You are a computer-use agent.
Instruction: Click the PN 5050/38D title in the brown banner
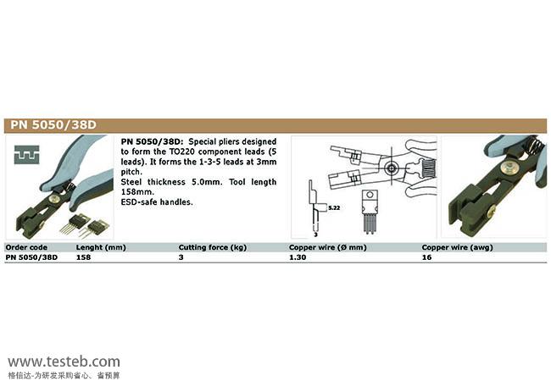pyautogui.click(x=53, y=125)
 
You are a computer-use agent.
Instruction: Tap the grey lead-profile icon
pyautogui.click(x=27, y=155)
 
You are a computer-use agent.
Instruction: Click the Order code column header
pyautogui.click(x=26, y=247)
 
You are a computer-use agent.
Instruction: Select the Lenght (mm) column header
pyautogui.click(x=101, y=247)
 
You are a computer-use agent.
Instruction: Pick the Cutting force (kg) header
pyautogui.click(x=213, y=247)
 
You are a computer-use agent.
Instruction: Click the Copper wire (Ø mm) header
pyautogui.click(x=328, y=247)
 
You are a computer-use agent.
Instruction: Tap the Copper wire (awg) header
pyautogui.click(x=457, y=247)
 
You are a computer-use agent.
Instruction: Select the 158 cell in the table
pyautogui.click(x=83, y=257)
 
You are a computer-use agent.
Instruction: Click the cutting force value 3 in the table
pyautogui.click(x=181, y=257)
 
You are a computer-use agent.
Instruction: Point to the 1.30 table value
pyautogui.click(x=298, y=257)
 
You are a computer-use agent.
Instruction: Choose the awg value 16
pyautogui.click(x=426, y=257)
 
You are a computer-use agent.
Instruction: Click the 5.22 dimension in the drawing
pyautogui.click(x=334, y=207)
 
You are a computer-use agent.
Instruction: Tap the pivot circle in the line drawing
pyautogui.click(x=391, y=168)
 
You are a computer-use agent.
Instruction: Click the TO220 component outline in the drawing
pyautogui.click(x=370, y=212)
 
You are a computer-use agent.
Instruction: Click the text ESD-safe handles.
pyautogui.click(x=157, y=202)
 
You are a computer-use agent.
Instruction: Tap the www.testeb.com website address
pyautogui.click(x=64, y=362)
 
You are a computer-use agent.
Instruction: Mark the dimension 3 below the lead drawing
pyautogui.click(x=315, y=235)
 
